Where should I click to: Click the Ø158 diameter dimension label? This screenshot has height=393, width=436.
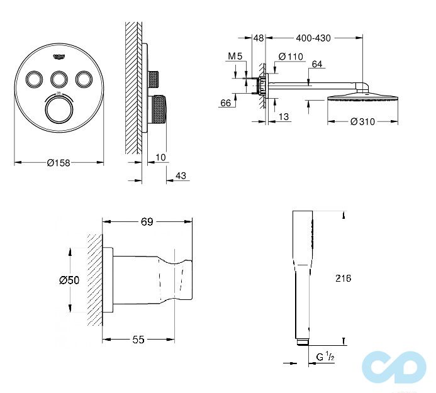[59, 163]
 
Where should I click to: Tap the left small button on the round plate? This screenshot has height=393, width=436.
[33, 79]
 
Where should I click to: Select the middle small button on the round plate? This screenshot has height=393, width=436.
[59, 79]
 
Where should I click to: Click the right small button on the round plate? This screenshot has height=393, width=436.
[83, 79]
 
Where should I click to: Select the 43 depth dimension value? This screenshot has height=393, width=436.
[181, 176]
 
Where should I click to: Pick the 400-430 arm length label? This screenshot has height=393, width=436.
[313, 38]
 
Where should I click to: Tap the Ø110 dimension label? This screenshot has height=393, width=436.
[291, 57]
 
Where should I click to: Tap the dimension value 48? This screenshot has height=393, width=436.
[258, 38]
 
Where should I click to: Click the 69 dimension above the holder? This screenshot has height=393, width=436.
[147, 221]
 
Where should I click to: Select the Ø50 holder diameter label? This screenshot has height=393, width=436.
[69, 280]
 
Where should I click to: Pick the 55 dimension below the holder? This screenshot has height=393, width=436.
[138, 340]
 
